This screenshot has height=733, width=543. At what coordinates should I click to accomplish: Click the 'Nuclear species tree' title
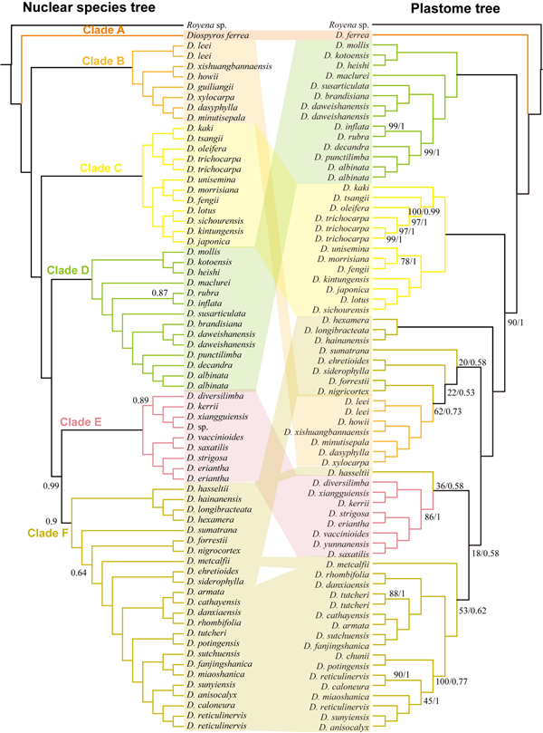(x=89, y=7)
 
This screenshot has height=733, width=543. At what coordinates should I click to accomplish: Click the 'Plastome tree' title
(x=455, y=8)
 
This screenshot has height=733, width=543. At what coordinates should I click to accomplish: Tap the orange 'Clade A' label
(x=104, y=30)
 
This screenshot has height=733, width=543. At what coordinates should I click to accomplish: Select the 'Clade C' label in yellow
(x=100, y=169)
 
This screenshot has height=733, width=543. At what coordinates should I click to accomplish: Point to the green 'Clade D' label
(x=68, y=270)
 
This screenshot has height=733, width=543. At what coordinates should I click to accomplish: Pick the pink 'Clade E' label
(x=81, y=421)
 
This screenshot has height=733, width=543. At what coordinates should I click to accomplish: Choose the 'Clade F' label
(x=48, y=533)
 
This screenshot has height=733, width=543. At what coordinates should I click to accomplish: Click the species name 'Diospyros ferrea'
(x=218, y=35)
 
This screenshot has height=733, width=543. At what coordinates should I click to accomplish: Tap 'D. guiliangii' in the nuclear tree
(x=210, y=87)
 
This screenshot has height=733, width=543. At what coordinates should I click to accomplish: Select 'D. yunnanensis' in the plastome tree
(x=341, y=545)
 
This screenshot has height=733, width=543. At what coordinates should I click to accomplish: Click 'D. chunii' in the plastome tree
(x=351, y=656)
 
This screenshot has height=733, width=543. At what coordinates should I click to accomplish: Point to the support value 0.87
(x=159, y=293)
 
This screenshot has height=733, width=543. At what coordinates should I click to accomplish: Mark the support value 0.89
(x=140, y=400)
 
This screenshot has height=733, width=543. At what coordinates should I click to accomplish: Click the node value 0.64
(x=79, y=573)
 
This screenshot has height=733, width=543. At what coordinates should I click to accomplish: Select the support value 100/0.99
(x=424, y=211)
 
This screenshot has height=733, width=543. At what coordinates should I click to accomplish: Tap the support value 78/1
(x=408, y=261)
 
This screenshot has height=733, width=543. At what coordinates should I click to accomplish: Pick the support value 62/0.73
(x=448, y=411)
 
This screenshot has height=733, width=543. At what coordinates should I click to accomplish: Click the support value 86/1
(x=432, y=516)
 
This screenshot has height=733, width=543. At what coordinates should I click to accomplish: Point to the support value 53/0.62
(x=472, y=611)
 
